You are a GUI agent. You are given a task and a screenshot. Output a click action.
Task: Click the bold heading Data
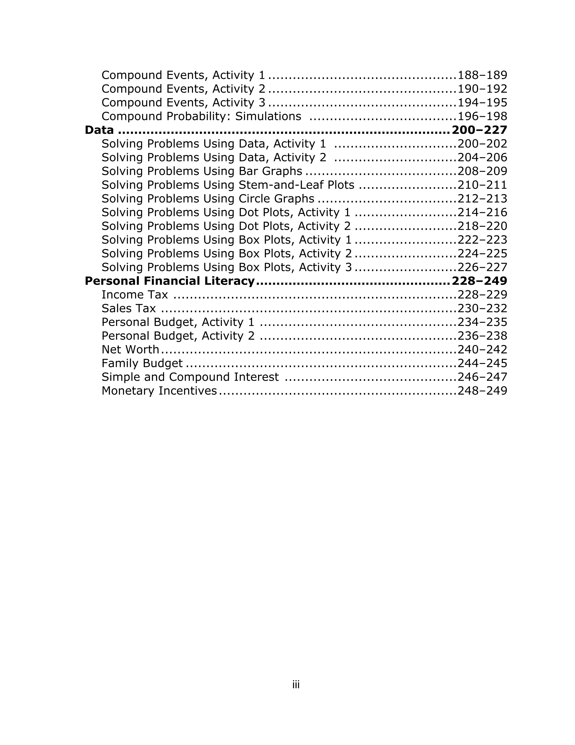(99, 130)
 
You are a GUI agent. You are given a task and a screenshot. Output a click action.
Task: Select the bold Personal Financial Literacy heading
(170, 281)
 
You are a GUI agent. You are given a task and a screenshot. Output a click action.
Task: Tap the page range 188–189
(482, 75)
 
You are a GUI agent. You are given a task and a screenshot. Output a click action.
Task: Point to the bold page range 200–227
(479, 130)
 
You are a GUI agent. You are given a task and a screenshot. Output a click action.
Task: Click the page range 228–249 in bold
(479, 281)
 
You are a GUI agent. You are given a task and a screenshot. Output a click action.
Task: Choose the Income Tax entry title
(135, 295)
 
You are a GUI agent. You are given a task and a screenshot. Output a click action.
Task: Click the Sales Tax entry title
(129, 308)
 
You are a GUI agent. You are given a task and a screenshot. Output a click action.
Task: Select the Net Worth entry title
(130, 350)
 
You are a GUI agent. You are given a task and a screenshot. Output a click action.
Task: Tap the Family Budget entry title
(142, 363)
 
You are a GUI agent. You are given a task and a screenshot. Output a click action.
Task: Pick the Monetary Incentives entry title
(159, 391)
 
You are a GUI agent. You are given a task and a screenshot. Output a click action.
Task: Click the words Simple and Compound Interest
(190, 377)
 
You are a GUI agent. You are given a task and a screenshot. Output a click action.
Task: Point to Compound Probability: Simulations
(201, 116)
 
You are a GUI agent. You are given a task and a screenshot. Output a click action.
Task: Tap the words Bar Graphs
(271, 171)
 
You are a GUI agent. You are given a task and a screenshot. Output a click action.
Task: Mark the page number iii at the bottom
(296, 685)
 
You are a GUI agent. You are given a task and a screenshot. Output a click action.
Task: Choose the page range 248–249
(482, 391)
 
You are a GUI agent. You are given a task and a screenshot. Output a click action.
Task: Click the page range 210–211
(482, 185)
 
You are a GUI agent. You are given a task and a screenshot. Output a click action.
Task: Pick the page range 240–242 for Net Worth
(482, 350)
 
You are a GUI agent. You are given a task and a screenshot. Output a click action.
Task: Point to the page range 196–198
(482, 116)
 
